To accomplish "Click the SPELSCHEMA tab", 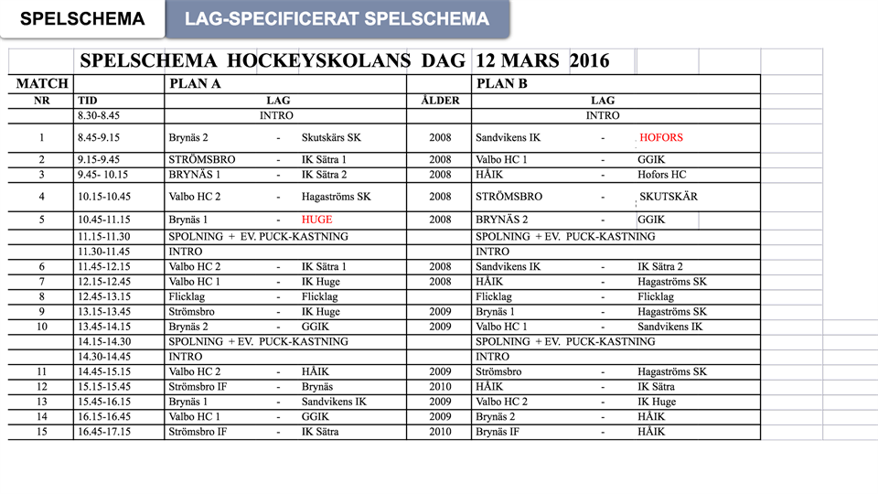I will [82, 19].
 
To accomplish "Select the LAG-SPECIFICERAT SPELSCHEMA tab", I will [337, 19].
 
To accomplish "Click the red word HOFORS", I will [661, 138].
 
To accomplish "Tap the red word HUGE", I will [317, 220].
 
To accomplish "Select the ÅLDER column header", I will [439, 100].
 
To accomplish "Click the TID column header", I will [88, 100].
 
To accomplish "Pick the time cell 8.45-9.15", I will [99, 138].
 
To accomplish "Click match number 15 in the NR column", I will [41, 432].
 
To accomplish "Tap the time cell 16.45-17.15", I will [104, 432].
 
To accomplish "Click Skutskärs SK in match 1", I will [331, 138].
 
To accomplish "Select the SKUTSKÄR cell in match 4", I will [669, 197].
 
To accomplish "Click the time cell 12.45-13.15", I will [104, 296].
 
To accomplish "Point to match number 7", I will [41, 282].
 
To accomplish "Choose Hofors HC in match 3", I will [662, 175].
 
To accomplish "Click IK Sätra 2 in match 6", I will [660, 266].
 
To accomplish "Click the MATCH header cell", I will [42, 83].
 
